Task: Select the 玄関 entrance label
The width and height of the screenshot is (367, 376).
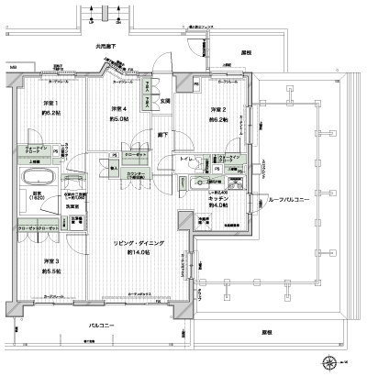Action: point(166,101)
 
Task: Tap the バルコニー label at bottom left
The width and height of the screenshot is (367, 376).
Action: point(101,326)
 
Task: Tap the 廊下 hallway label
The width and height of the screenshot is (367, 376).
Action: point(161,135)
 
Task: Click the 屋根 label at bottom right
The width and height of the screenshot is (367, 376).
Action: point(266,332)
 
